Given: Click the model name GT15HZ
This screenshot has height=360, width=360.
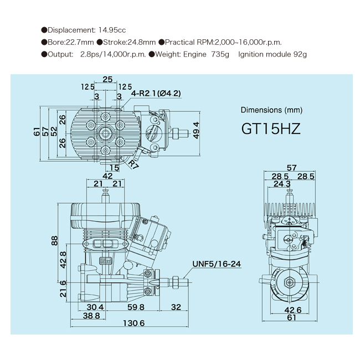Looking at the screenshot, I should point(271,128).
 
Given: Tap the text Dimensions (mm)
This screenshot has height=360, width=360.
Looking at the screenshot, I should point(270,110).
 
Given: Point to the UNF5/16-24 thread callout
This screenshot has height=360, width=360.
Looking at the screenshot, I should point(217,264).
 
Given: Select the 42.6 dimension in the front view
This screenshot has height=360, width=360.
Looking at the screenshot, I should point(291,309).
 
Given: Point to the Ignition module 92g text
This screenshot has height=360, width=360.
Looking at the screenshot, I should point(272,54).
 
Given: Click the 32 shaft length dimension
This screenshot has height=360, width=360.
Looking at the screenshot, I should point(176,307).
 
